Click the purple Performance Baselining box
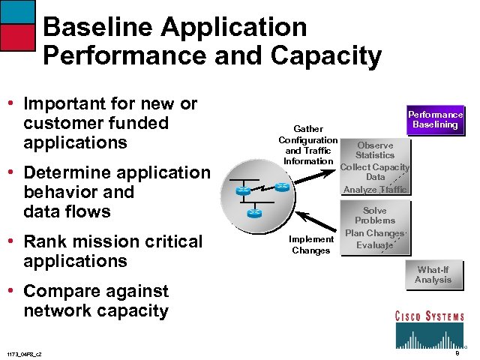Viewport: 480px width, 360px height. pos(435,120)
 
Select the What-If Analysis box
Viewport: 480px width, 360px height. pos(433,274)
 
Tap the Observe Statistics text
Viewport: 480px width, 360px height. pos(375,150)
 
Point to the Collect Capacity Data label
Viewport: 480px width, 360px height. pos(375,172)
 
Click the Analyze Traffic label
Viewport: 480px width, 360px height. pos(375,190)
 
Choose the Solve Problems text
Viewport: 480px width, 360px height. pos(375,216)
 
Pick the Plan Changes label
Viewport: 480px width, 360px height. pos(374,233)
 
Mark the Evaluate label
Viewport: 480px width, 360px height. pos(374,245)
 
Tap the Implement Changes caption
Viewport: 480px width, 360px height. pos(311,244)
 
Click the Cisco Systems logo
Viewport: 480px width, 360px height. pos(429,329)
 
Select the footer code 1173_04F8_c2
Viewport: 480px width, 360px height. pos(24,354)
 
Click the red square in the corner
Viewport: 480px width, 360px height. pos(17,37)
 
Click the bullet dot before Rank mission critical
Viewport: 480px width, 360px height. pos(10,241)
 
